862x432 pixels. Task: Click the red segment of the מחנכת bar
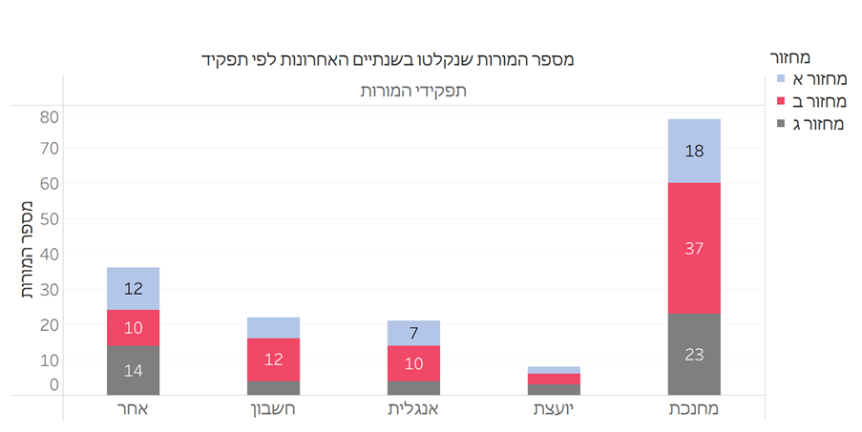(694, 248)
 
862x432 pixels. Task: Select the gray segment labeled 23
(694, 354)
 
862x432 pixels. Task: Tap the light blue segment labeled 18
(694, 151)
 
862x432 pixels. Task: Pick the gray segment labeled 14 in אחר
(133, 371)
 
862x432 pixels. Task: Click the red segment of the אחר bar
(133, 328)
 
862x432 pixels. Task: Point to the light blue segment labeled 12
(133, 288)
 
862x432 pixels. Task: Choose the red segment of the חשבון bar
(273, 360)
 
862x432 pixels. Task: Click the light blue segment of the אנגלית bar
(413, 333)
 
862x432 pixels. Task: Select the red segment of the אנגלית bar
(413, 363)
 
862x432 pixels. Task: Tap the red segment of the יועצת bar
(554, 379)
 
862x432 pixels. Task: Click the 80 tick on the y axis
(50, 117)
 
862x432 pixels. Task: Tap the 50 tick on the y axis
(50, 218)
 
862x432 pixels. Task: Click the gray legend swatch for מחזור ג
(781, 122)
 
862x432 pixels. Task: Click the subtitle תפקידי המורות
(413, 92)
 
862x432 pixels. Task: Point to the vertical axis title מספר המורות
(26, 251)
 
